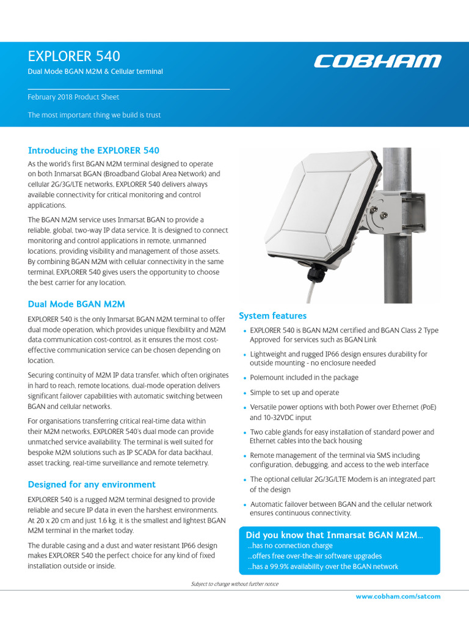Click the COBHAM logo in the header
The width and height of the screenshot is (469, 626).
point(377,61)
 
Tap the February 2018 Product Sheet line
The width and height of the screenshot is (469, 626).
point(73,97)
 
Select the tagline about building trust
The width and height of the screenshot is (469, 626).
point(94,115)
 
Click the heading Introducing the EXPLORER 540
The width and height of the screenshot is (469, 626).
point(93,150)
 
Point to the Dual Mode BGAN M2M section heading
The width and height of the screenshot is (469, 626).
point(76,304)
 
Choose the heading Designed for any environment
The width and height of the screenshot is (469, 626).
point(92,484)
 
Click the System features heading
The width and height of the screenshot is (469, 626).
point(272,316)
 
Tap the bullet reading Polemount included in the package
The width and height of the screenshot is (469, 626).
point(304,378)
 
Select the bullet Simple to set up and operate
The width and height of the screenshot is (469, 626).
point(294,392)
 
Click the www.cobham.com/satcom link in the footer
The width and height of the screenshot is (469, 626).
point(398,596)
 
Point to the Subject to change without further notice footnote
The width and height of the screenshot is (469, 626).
point(234,584)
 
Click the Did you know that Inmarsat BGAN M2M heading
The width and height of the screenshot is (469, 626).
point(334,535)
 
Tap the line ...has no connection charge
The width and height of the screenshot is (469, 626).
point(290,545)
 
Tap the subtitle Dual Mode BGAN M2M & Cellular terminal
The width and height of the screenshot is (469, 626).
point(95,72)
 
